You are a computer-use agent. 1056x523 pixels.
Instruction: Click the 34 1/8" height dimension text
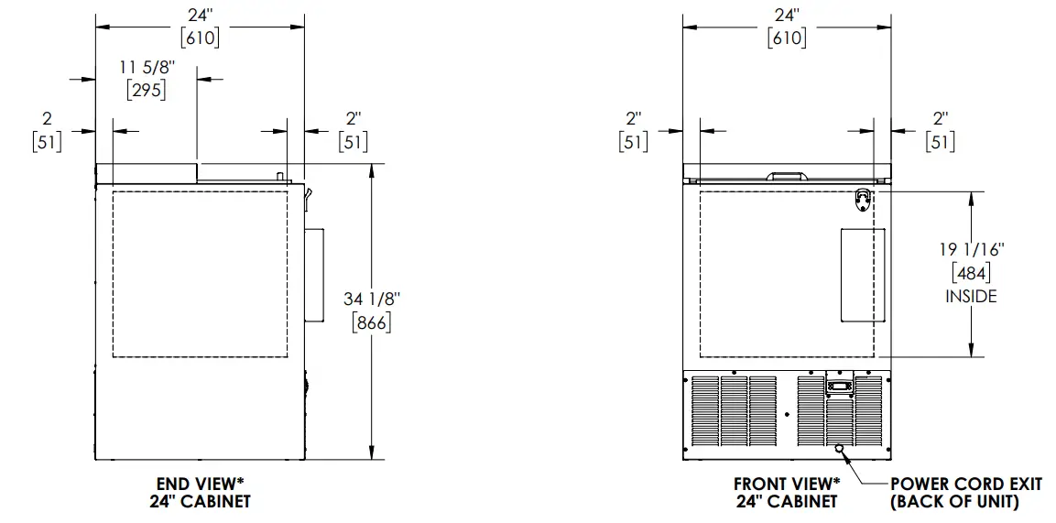click(371, 298)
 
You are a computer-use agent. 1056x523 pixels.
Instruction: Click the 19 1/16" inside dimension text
click(971, 247)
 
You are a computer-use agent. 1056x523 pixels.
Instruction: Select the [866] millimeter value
click(371, 322)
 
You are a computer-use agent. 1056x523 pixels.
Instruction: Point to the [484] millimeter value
click(971, 272)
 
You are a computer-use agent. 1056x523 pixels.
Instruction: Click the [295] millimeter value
click(146, 91)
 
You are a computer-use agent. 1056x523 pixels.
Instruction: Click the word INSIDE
click(971, 296)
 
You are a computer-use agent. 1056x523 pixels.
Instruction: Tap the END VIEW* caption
click(200, 484)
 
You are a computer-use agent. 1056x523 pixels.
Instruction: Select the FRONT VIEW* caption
click(787, 484)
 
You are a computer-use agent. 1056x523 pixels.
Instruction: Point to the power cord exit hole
click(839, 449)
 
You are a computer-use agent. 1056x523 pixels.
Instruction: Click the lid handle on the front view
click(787, 174)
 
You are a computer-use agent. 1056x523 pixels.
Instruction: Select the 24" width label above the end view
click(200, 15)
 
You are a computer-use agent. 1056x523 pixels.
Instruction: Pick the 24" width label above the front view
click(787, 15)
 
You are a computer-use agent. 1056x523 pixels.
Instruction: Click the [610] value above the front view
click(787, 38)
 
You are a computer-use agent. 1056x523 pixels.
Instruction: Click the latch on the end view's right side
click(309, 194)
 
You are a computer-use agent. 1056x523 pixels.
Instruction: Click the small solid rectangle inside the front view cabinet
click(863, 276)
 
